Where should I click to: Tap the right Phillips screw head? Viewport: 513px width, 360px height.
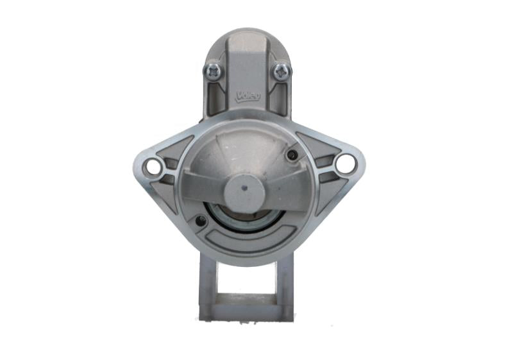tap(282, 71)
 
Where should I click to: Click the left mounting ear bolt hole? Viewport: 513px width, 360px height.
tap(153, 167)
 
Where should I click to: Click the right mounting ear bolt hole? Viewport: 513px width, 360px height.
tap(345, 164)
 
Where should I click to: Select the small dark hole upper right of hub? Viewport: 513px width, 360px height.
tap(292, 155)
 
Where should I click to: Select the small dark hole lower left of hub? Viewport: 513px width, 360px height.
tap(200, 221)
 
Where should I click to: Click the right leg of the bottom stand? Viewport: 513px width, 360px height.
tap(285, 282)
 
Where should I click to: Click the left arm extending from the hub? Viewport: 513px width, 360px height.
tap(202, 186)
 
